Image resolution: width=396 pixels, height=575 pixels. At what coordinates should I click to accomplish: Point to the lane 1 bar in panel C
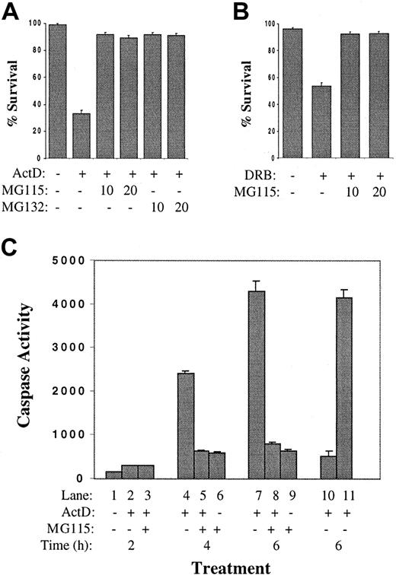tap(113, 475)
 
